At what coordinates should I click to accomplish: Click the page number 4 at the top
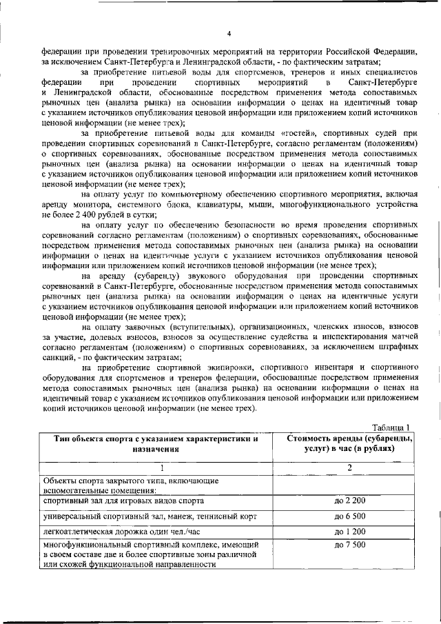tap(228, 34)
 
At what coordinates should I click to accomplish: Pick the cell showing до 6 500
tap(349, 516)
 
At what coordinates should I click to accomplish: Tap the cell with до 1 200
tap(349, 532)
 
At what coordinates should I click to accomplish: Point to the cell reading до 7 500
tap(349, 546)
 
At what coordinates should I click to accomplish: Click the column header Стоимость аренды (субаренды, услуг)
tap(349, 443)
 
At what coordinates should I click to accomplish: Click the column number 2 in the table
tap(349, 467)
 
